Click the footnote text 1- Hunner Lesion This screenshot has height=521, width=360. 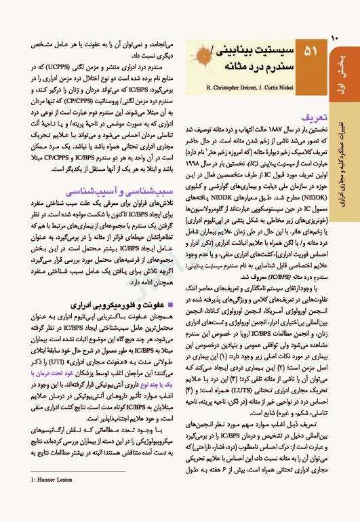[x=35, y=499]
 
